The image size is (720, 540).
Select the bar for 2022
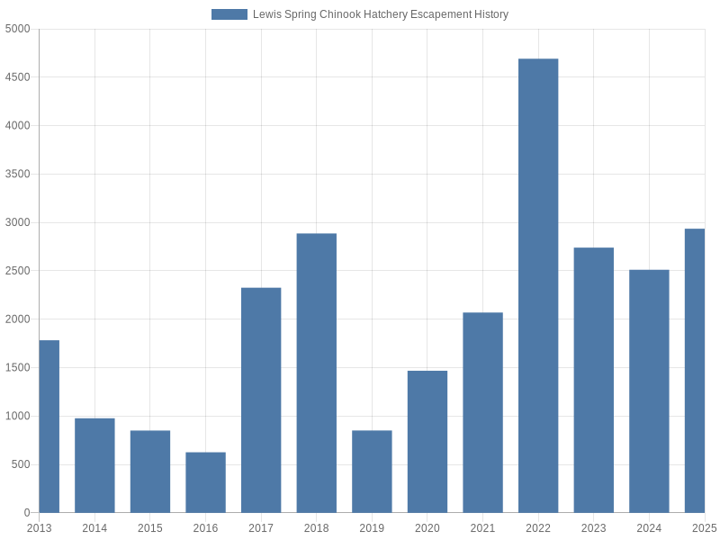(x=538, y=286)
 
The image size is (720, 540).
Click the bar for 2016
(x=205, y=482)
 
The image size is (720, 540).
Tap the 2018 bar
(x=317, y=373)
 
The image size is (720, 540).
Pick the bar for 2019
(x=372, y=472)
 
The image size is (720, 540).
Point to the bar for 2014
(x=94, y=465)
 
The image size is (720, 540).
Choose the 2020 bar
(x=427, y=442)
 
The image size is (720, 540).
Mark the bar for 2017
(x=261, y=400)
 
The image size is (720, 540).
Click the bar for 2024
(x=649, y=391)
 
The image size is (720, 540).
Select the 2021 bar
(x=482, y=413)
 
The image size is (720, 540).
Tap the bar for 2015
(x=150, y=472)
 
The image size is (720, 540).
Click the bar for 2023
(x=594, y=380)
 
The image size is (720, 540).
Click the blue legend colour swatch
(x=229, y=14)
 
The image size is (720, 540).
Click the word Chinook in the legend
(x=340, y=14)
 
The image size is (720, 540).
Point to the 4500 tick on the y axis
(x=17, y=77)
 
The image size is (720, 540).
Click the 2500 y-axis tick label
(x=17, y=271)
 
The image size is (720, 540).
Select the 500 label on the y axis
(x=21, y=464)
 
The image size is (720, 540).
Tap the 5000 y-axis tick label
(x=17, y=29)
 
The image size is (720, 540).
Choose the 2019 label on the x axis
(x=372, y=528)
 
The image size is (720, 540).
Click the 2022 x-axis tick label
(x=538, y=528)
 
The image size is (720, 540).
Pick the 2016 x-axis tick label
(x=205, y=528)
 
